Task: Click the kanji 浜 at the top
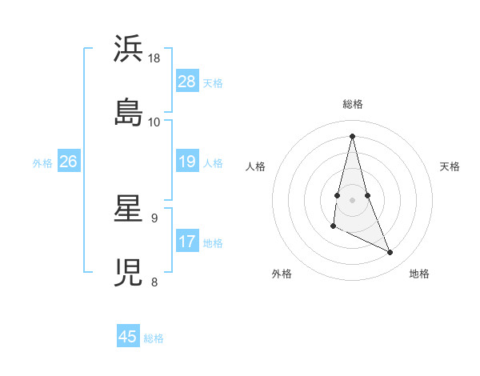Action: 129,50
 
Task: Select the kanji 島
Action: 129,112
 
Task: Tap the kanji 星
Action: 129,210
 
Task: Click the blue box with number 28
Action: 187,82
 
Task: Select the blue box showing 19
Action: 187,162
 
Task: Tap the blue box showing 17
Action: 187,242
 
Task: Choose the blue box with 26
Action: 68,162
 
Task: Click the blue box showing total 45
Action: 128,337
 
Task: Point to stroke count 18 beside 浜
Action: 154,58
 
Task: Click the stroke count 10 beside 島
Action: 154,122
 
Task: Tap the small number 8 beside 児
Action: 154,281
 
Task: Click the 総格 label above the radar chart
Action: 353,104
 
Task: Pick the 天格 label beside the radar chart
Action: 450,166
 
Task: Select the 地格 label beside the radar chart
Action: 419,274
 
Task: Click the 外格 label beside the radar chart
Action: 282,274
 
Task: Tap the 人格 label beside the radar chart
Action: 255,166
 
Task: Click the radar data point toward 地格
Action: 390,253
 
